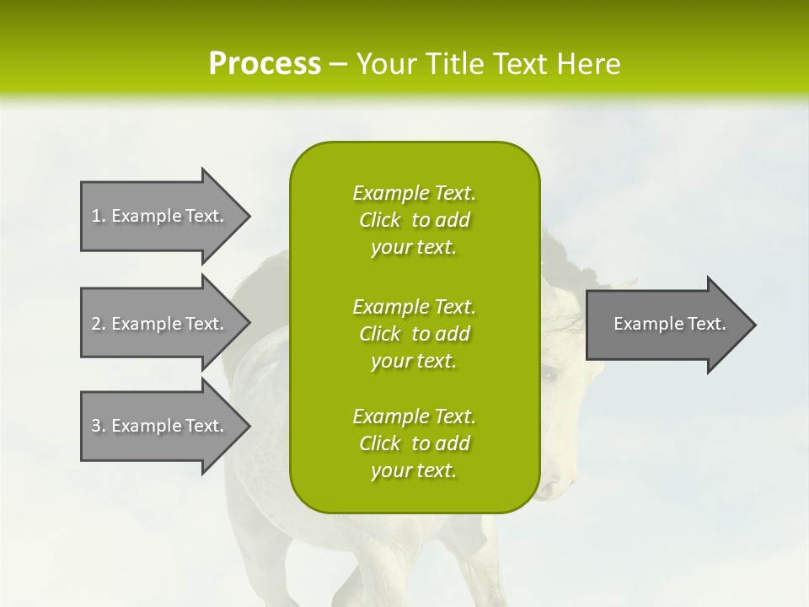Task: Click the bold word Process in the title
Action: pyautogui.click(x=265, y=64)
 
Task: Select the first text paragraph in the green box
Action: pyautogui.click(x=414, y=220)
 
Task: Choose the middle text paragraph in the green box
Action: pyautogui.click(x=414, y=333)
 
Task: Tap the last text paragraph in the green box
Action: pyautogui.click(x=414, y=443)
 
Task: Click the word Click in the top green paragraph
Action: pyautogui.click(x=380, y=220)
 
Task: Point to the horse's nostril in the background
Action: pyautogui.click(x=547, y=488)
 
